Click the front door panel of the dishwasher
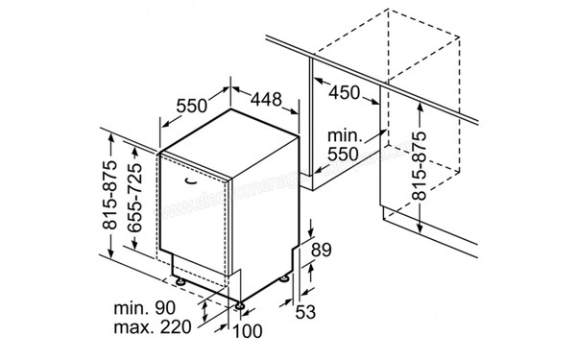pyautogui.click(x=197, y=221)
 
